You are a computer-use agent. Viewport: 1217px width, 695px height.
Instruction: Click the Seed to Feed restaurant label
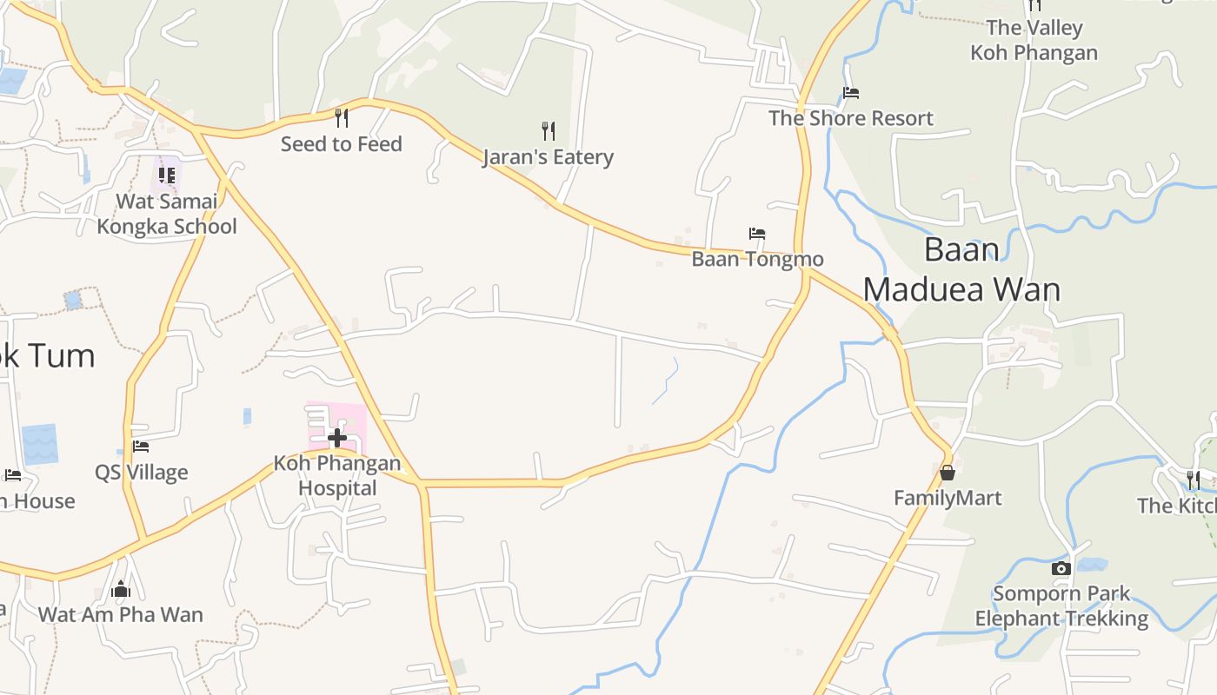coord(341,144)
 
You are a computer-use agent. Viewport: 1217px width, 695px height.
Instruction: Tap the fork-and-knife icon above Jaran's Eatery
coord(548,131)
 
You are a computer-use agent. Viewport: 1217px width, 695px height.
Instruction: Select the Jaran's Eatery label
coord(548,157)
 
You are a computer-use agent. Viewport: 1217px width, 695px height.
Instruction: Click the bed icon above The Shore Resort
coord(851,93)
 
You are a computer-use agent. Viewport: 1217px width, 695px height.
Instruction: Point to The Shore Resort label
coord(851,118)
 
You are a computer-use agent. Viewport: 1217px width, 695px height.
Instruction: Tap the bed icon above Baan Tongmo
coord(757,234)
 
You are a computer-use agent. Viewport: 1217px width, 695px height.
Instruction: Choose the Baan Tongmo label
coord(757,259)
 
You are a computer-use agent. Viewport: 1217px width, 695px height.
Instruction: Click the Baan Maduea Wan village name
coord(961,269)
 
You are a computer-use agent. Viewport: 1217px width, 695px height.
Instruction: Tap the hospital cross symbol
coord(337,437)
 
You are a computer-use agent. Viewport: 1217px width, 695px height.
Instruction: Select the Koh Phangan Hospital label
coord(337,475)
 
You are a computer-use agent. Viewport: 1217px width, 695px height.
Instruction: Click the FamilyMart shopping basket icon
coord(948,473)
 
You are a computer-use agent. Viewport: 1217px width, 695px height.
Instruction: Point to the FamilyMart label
coord(948,498)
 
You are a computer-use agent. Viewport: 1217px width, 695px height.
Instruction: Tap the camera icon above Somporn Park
coord(1061,569)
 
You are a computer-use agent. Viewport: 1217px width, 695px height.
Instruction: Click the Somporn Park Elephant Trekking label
coord(1061,606)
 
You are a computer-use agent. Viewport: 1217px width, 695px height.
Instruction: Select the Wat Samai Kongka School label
coord(167,214)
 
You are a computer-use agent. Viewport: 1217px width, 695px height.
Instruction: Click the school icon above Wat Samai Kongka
coord(167,176)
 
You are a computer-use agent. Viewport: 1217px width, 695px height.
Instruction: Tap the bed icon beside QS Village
coord(141,447)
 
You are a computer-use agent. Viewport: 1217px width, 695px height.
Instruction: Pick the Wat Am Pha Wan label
coord(121,615)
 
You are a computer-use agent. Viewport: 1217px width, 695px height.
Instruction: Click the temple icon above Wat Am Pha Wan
coord(121,590)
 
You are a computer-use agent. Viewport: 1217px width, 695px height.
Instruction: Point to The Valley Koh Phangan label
coord(1034,40)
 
